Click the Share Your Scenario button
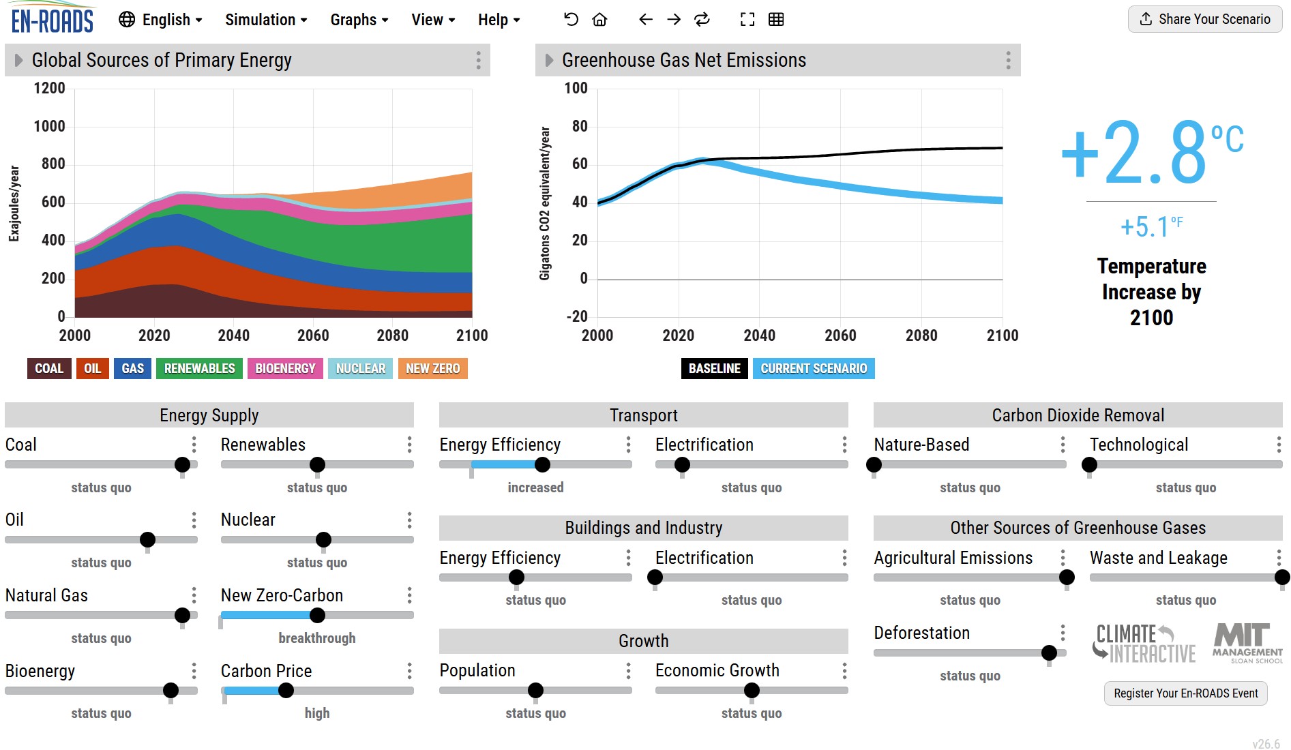[x=1205, y=19]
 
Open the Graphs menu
[x=359, y=20]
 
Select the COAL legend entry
[x=49, y=368]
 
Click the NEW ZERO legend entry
[x=433, y=368]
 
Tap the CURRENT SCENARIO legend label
[x=814, y=368]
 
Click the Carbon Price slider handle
[x=286, y=691]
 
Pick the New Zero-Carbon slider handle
[x=317, y=615]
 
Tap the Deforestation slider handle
[x=1050, y=653]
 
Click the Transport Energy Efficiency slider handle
[x=542, y=465]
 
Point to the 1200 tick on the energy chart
[x=50, y=88]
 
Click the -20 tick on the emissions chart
[x=576, y=316]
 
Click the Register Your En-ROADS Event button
[x=1186, y=693]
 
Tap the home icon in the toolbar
[x=599, y=20]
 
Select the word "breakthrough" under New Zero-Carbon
[x=317, y=638]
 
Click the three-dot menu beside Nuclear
[x=409, y=520]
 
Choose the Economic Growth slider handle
[x=752, y=691]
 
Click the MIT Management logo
[x=1247, y=643]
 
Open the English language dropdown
[x=160, y=20]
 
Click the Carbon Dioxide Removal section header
[x=1078, y=415]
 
